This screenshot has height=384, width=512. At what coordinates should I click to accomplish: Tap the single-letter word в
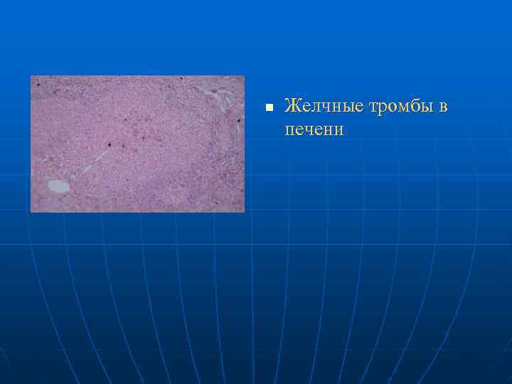pos(444,107)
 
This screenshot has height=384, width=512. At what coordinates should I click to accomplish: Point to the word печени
pos(314,130)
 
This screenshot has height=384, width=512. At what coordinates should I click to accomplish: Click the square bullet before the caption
pos(268,108)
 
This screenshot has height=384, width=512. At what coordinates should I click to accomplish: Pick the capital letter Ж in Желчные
pos(291,107)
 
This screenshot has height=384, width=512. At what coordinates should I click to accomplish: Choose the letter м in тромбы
pos(403,108)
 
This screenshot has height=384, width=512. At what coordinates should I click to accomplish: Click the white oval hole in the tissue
pos(58,186)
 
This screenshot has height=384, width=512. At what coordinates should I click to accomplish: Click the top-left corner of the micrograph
pos(31,76)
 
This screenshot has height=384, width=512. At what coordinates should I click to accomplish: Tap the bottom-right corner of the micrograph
pos(244,212)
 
